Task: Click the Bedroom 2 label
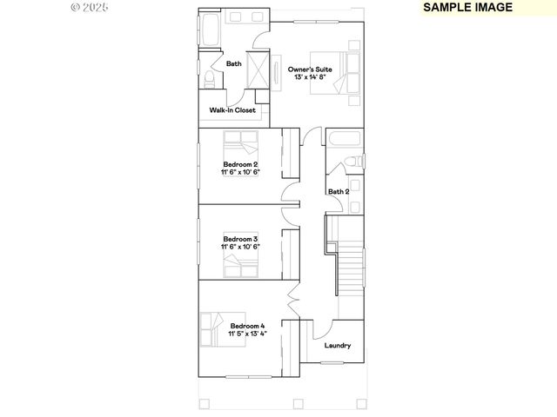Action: click(x=240, y=164)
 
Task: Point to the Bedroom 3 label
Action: click(x=240, y=238)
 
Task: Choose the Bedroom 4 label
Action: click(x=247, y=325)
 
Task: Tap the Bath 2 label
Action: click(x=339, y=191)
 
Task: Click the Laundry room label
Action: click(x=338, y=346)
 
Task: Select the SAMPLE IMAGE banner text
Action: click(x=468, y=7)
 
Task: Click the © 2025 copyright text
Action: click(x=90, y=7)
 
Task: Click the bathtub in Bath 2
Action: click(x=344, y=139)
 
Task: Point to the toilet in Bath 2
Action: click(x=353, y=161)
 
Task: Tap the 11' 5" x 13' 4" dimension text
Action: click(x=247, y=334)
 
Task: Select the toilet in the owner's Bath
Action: click(x=209, y=79)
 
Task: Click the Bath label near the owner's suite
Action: click(x=234, y=63)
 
